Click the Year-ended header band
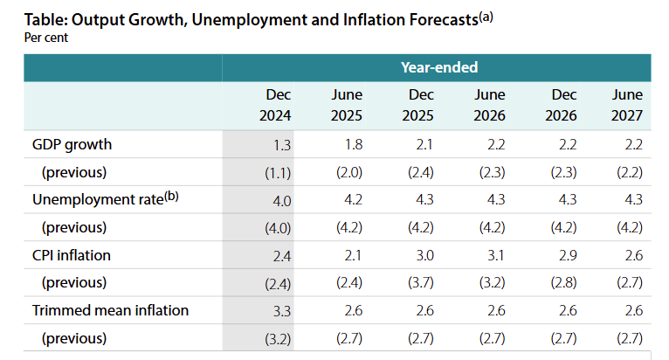tap(438, 67)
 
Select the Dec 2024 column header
tap(276, 105)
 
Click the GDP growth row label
tap(72, 144)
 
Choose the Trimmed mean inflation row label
tap(110, 310)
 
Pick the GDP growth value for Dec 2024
tap(282, 144)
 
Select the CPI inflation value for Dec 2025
tap(423, 255)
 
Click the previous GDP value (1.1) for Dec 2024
tap(279, 172)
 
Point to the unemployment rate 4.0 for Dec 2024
tap(281, 200)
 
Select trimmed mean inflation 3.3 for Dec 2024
tap(281, 310)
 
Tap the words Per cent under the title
tap(45, 38)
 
